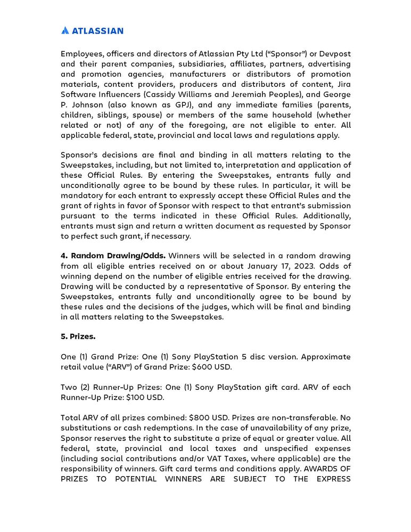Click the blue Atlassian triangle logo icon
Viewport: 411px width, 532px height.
(x=65, y=30)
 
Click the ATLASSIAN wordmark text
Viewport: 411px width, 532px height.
(x=97, y=30)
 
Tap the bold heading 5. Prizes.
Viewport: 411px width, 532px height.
(x=78, y=337)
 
